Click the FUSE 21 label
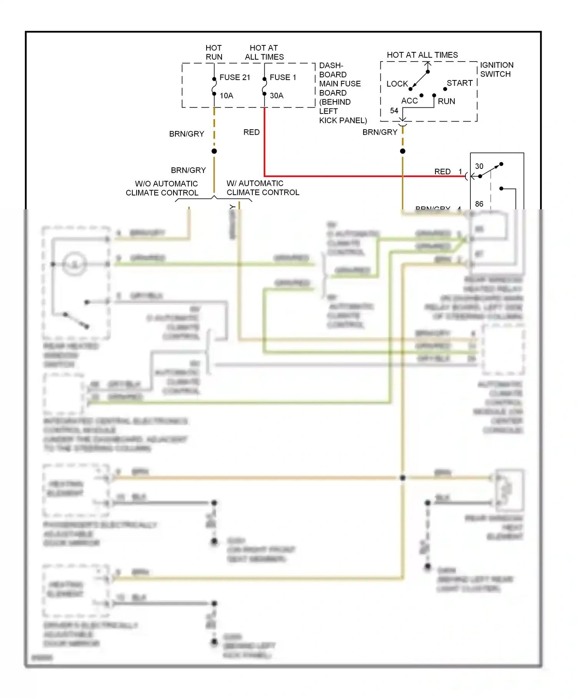click(235, 77)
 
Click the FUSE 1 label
click(283, 77)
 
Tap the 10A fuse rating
click(227, 95)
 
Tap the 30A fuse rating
click(277, 95)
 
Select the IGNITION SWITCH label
click(496, 69)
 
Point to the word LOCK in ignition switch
click(397, 84)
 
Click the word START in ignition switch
click(460, 83)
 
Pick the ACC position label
click(409, 101)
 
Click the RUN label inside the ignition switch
click(446, 101)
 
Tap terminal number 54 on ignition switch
click(394, 111)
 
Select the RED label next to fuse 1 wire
click(252, 132)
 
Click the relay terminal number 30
click(479, 166)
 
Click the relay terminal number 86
click(479, 204)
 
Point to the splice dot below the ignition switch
click(403, 151)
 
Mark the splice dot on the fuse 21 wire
click(214, 151)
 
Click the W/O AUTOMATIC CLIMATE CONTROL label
click(162, 188)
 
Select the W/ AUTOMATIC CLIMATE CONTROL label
click(263, 188)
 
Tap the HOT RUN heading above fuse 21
click(214, 52)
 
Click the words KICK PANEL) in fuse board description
click(343, 120)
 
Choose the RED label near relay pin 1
click(442, 172)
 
